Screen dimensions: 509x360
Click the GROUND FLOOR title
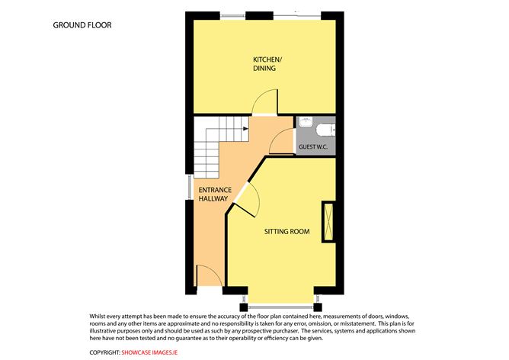click(82, 25)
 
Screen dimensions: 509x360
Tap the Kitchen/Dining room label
click(267, 63)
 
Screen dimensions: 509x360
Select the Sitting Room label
click(287, 232)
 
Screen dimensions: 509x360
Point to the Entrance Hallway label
click(215, 194)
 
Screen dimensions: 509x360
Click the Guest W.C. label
click(313, 147)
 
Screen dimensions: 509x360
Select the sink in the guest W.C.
click(306, 123)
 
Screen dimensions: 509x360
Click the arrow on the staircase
click(245, 129)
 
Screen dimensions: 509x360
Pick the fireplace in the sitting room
click(328, 222)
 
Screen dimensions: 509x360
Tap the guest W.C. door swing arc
click(276, 136)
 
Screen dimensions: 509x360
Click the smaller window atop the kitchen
click(232, 15)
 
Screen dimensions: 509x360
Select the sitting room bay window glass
click(280, 305)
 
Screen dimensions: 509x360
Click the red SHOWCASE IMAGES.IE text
click(149, 352)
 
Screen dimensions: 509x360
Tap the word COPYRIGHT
click(104, 352)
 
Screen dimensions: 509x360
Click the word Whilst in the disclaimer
click(97, 316)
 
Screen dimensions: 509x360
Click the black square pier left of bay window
click(244, 307)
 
